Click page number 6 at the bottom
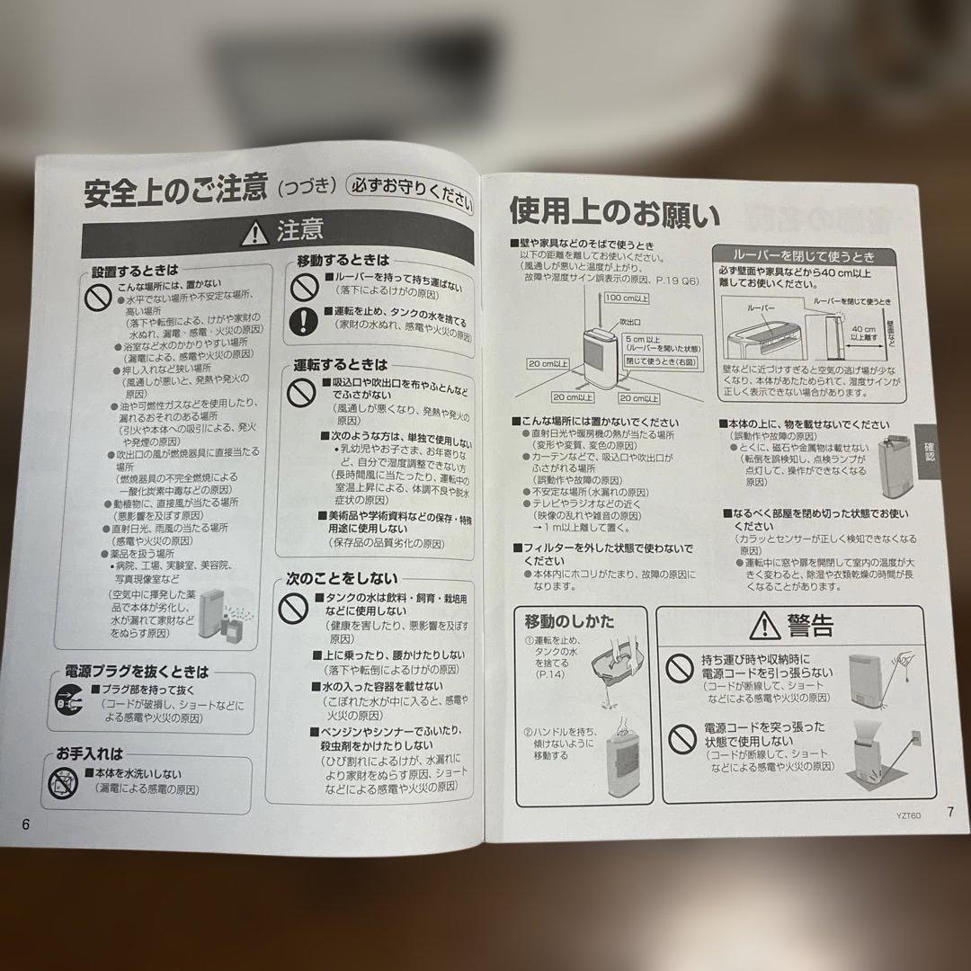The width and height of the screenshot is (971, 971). click(x=26, y=824)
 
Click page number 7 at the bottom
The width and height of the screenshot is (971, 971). click(x=949, y=812)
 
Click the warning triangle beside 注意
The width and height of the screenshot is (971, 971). click(x=256, y=234)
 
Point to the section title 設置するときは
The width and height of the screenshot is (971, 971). click(x=135, y=270)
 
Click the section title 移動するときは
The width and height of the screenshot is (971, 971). click(x=343, y=261)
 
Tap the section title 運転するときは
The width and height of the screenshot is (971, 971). click(x=341, y=365)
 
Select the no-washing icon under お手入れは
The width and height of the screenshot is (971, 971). click(x=63, y=782)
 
